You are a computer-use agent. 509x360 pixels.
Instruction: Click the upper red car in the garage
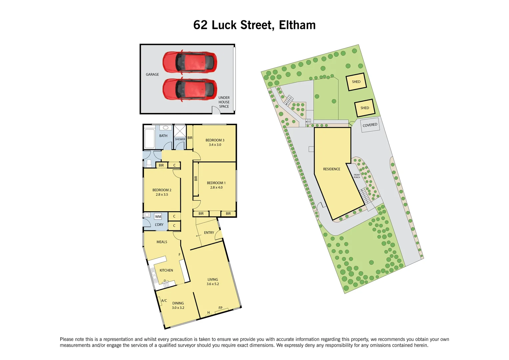pos(190,62)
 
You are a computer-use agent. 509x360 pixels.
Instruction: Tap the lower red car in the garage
pos(190,89)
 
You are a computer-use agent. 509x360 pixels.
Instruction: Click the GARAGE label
pos(152,74)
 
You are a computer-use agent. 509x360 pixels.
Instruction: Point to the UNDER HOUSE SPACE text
pos(224,102)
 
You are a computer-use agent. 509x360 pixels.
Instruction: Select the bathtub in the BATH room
pos(150,138)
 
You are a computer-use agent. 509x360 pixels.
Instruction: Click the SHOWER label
pos(180,139)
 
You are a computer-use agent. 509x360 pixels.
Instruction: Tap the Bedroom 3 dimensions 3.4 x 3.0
pos(215,145)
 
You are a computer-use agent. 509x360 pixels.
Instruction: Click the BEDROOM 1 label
pos(216,183)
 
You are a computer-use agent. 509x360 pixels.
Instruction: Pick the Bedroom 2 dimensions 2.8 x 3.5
pos(162,194)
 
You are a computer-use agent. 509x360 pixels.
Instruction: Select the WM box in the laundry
pos(158,217)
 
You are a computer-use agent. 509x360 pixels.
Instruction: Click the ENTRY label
pos(209,233)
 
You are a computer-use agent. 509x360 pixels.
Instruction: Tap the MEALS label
pos(162,242)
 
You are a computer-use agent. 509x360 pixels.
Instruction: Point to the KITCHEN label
pos(166,270)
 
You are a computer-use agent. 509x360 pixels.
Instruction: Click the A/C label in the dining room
pos(164,301)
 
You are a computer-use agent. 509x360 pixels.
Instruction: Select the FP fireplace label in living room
pos(220,308)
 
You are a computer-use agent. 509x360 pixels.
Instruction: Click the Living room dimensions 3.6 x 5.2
pos(213,284)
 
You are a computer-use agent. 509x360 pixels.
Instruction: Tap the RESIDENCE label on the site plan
pos(331,169)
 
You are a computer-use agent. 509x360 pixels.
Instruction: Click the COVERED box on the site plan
pos(370,125)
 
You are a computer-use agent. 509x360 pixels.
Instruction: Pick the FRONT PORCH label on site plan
pos(357,176)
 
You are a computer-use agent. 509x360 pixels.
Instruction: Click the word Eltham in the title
pos(297,25)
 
